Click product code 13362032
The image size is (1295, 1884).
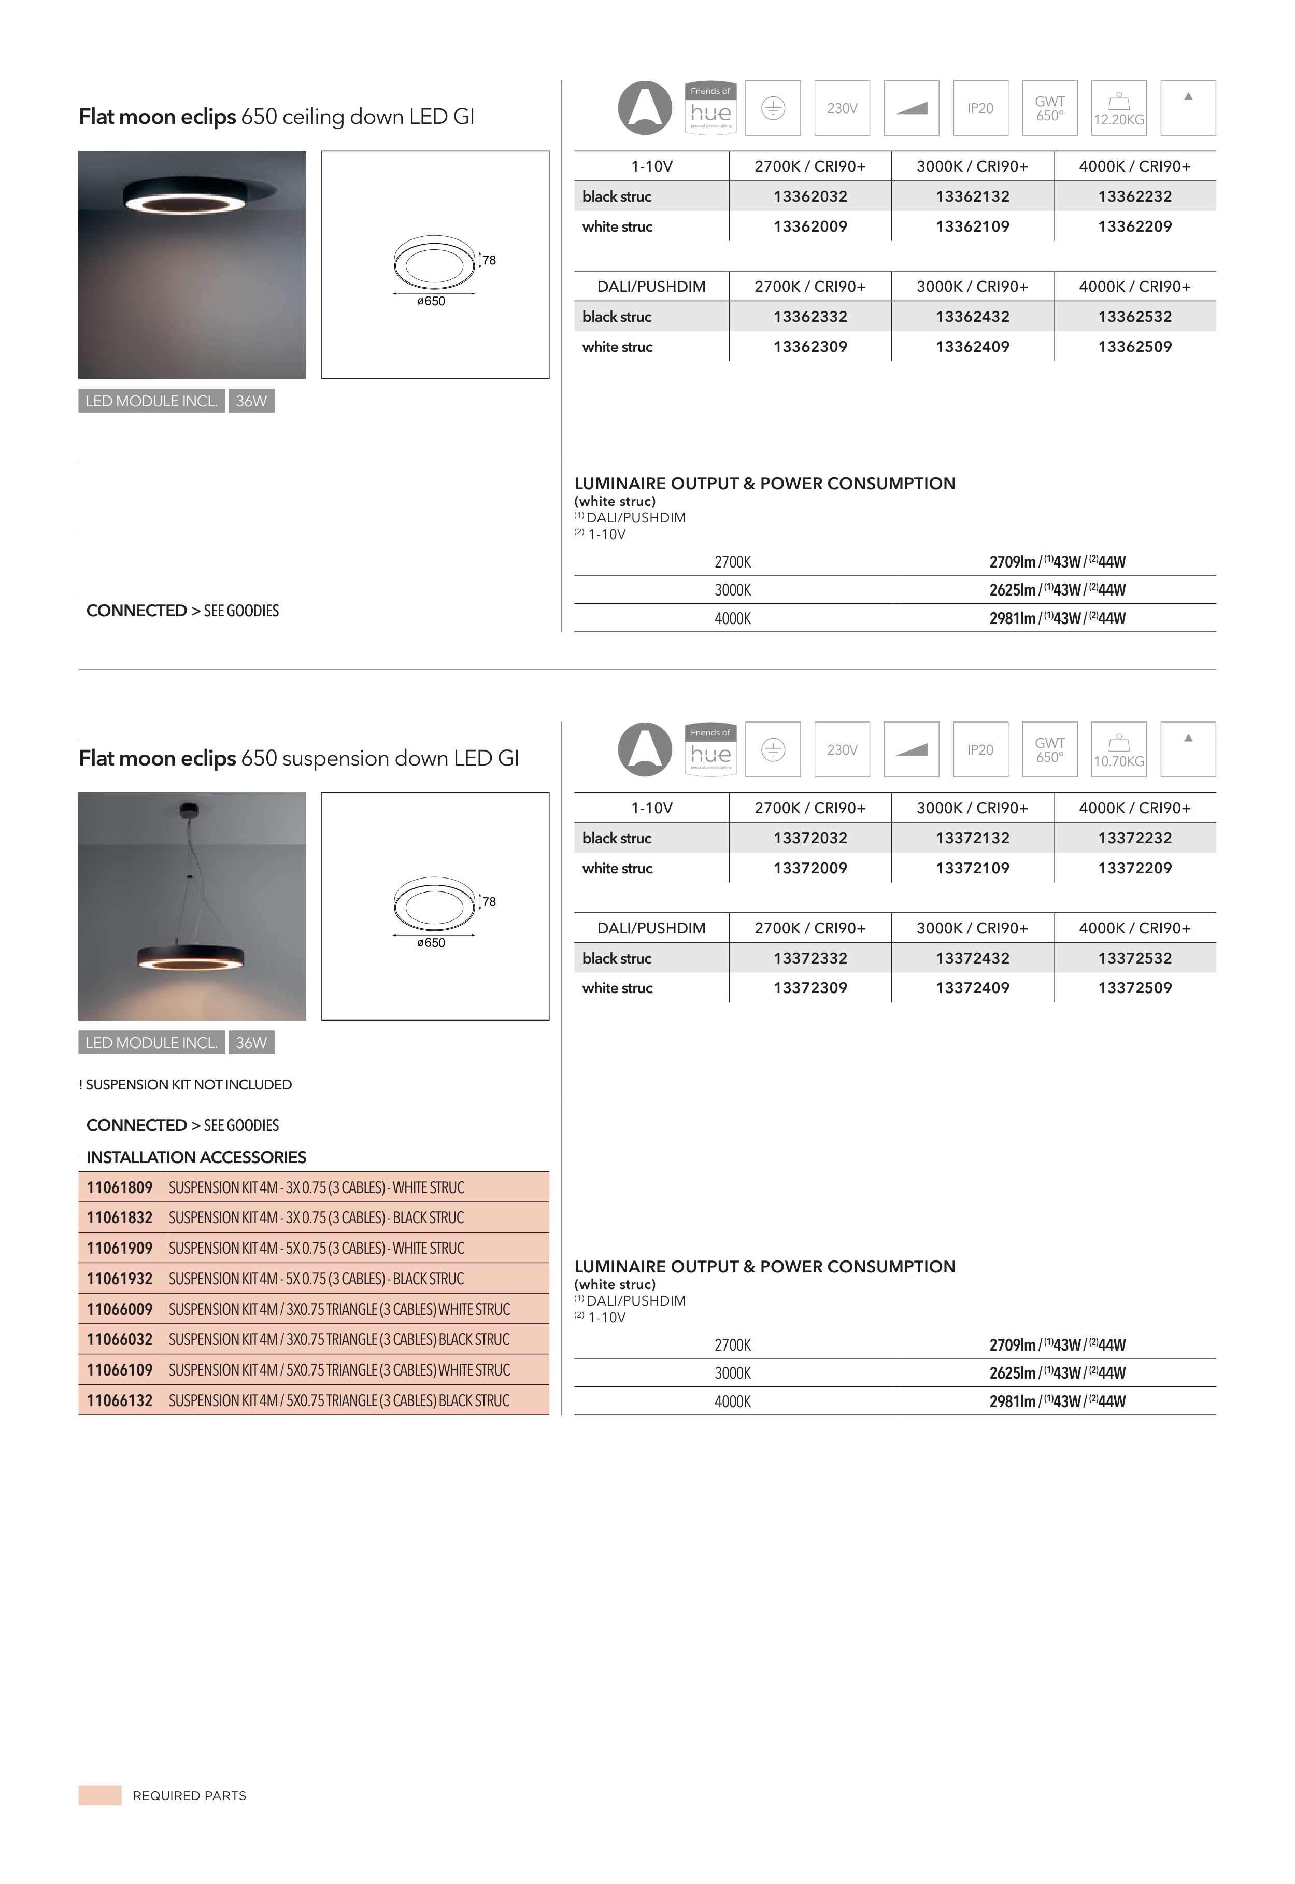(810, 196)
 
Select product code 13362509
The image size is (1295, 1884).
(1134, 346)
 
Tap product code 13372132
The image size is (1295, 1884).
(972, 838)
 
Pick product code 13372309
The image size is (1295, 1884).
(810, 988)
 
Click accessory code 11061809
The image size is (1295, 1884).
(119, 1188)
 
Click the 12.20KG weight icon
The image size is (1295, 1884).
(1119, 108)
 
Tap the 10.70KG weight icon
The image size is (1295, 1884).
(1119, 749)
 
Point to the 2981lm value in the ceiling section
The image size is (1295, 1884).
(1012, 618)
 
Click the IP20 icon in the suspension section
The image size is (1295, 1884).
(980, 749)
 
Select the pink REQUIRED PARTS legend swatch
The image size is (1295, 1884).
(100, 1795)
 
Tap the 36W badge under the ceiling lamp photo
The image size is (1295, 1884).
(251, 401)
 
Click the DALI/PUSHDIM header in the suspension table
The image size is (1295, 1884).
(651, 928)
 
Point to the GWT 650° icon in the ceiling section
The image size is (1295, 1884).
(1050, 108)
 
